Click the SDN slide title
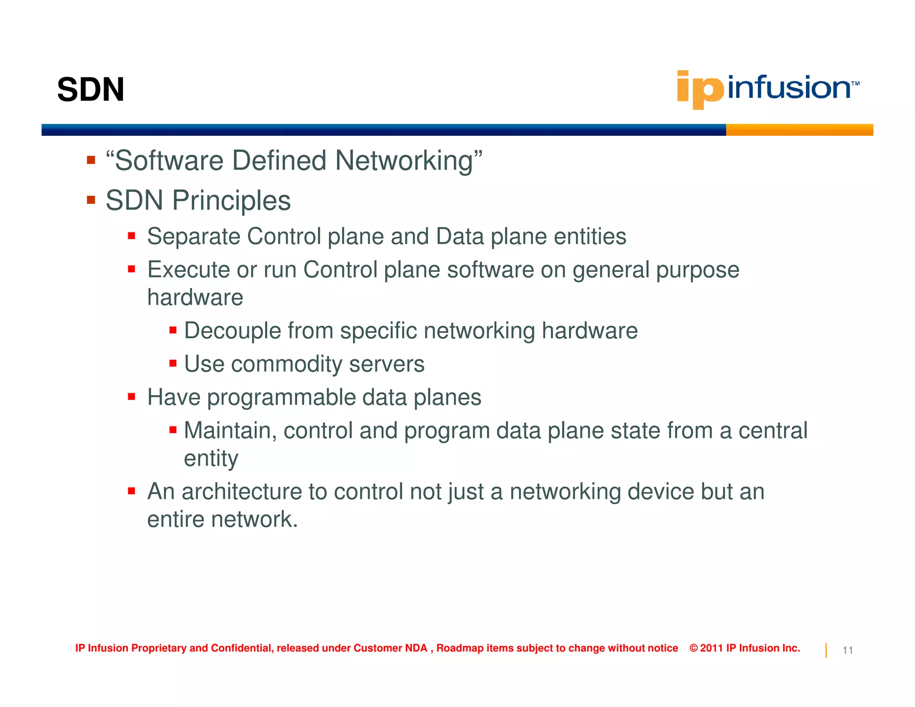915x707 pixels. click(91, 90)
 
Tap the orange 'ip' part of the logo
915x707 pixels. click(700, 89)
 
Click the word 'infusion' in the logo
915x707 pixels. click(789, 88)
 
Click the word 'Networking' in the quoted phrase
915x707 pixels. click(404, 161)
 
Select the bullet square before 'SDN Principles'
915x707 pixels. click(91, 200)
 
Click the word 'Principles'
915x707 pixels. click(231, 201)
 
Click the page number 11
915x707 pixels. click(848, 650)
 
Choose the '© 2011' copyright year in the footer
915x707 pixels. click(706, 648)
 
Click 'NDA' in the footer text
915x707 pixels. click(416, 648)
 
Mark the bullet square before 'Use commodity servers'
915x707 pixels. click(173, 363)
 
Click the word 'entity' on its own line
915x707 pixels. click(211, 459)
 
